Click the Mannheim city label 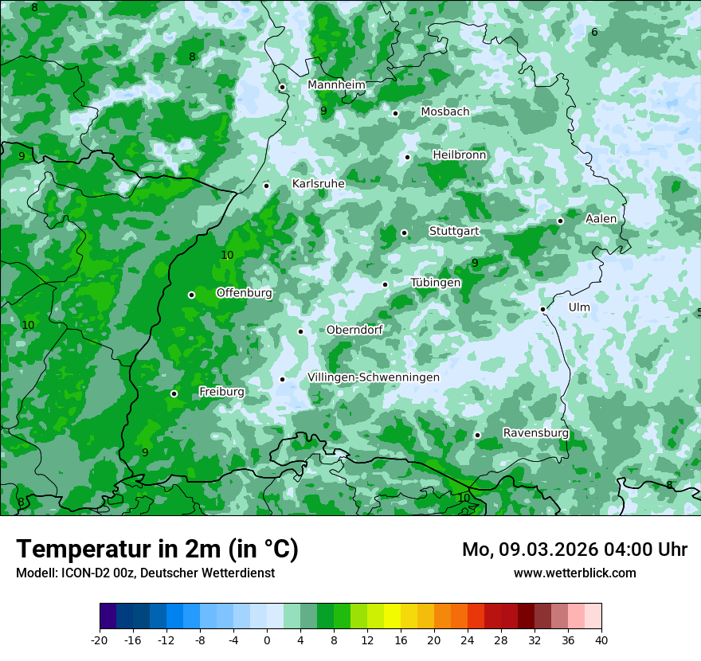click(336, 85)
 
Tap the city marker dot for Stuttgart click(404, 233)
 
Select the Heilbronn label click(459, 155)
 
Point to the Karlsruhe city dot click(266, 186)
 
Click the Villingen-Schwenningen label click(373, 377)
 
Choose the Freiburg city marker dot click(174, 393)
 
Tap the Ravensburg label click(535, 433)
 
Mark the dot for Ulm click(542, 309)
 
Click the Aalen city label click(601, 219)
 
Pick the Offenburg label click(244, 293)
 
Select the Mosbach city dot click(395, 113)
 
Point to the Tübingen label click(435, 283)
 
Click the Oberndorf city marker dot click(300, 331)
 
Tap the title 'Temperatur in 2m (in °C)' click(157, 550)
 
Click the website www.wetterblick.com click(574, 573)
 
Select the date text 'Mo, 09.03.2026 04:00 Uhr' click(574, 550)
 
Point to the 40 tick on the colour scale click(601, 640)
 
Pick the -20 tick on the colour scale click(100, 640)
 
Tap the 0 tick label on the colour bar click(267, 640)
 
